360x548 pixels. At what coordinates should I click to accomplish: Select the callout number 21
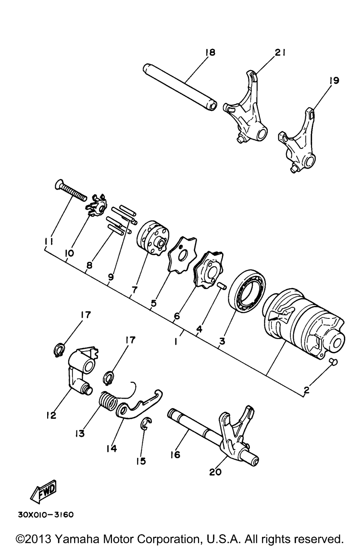tap(280, 53)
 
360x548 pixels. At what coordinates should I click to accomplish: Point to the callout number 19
tap(333, 81)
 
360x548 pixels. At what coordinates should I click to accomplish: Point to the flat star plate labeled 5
tap(183, 254)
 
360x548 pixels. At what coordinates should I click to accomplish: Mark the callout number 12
tap(51, 415)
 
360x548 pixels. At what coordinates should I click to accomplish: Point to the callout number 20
tap(215, 472)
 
